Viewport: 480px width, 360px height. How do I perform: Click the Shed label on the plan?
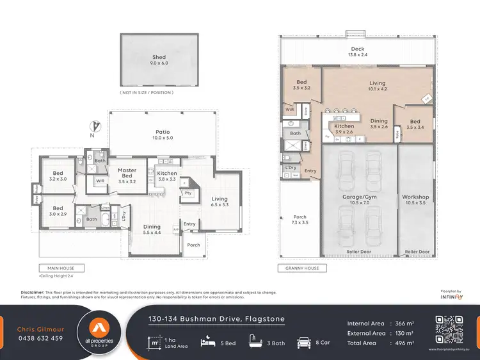click(159, 60)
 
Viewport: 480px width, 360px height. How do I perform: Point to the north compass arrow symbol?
click(94, 127)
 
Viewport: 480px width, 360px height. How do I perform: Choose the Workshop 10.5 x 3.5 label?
click(415, 200)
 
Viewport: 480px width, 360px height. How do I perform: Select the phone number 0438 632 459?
click(40, 338)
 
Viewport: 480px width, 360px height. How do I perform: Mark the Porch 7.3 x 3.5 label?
click(300, 220)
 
